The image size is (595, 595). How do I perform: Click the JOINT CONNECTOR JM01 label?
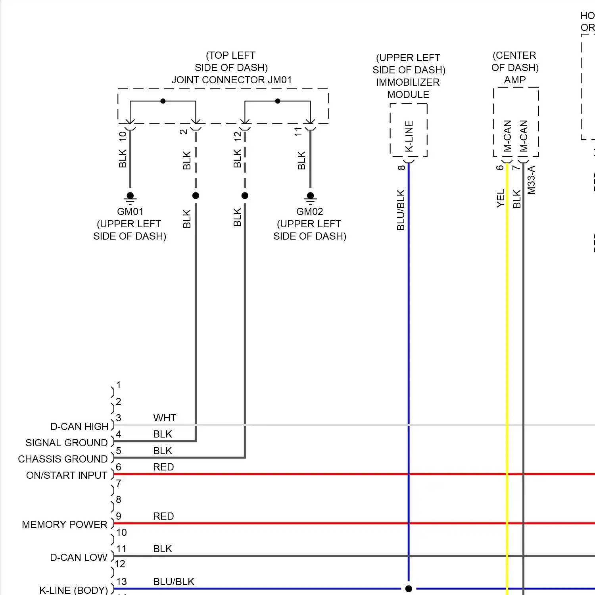231,80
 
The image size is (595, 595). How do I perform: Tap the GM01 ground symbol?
130,197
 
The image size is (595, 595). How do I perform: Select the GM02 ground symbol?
310,197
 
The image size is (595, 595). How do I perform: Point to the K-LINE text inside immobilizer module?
409,136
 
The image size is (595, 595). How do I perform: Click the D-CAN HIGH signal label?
79,426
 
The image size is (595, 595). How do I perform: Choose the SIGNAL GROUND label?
67,443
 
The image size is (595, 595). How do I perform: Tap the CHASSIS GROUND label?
63,459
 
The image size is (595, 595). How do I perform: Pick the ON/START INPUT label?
67,475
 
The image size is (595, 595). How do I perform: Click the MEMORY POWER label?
65,524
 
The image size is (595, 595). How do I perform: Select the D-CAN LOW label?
79,557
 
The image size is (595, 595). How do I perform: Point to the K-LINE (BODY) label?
74,590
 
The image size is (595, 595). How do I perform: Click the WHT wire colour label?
165,418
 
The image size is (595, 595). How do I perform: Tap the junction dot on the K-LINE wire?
409,589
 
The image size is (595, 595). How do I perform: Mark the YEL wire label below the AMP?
501,198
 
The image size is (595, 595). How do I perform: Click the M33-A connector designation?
532,180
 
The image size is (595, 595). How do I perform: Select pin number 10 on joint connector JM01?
123,136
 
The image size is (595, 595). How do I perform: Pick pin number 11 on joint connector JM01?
298,132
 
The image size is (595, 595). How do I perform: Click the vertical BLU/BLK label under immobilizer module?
401,210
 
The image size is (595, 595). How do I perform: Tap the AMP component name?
515,80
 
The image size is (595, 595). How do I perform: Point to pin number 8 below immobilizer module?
401,167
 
